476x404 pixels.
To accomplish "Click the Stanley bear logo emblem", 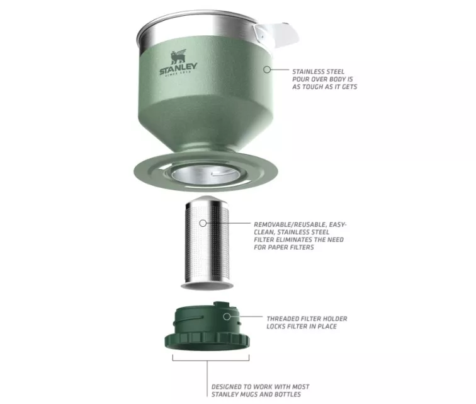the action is tap(178, 57).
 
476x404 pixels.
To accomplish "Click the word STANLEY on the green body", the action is tap(179, 69).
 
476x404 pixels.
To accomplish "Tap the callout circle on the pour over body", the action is tap(267, 69).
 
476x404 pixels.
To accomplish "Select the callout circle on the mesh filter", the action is tap(203, 224).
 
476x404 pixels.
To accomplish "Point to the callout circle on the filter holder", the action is tap(227, 317).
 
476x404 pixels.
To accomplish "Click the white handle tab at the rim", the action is tap(276, 34).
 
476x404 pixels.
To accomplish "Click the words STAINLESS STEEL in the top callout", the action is tap(318, 72).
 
